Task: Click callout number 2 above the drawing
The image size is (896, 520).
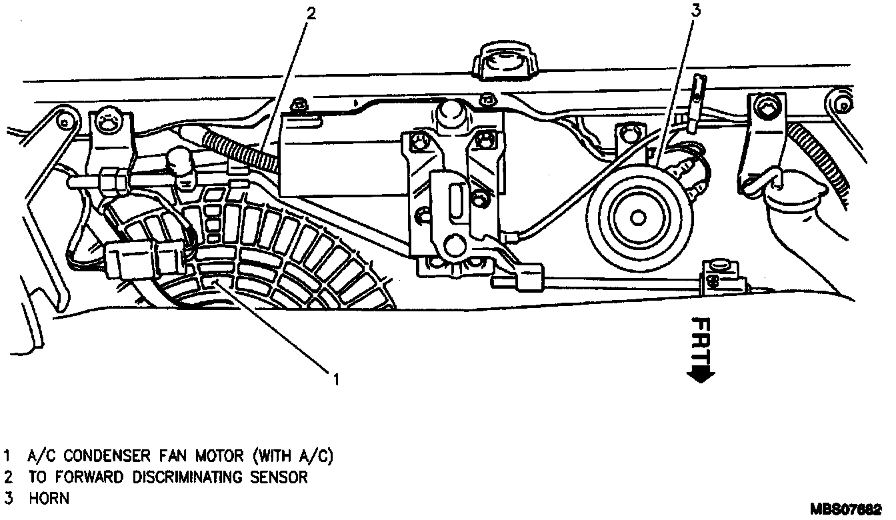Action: pos(309,13)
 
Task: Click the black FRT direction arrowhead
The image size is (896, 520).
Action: pos(699,375)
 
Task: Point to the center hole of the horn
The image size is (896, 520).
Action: pos(638,217)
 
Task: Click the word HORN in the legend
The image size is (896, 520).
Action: pos(49,498)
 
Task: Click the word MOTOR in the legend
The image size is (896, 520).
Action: pos(220,457)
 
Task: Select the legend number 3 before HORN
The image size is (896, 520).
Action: pos(7,498)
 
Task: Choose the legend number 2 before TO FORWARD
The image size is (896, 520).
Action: pos(7,477)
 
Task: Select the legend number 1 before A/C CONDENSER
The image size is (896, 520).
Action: pos(7,457)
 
